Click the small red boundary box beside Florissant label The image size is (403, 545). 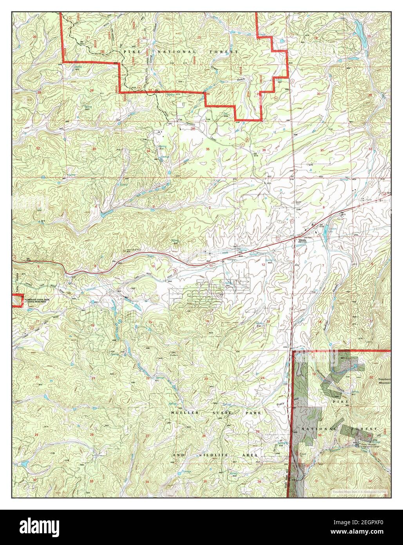point(18,300)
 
